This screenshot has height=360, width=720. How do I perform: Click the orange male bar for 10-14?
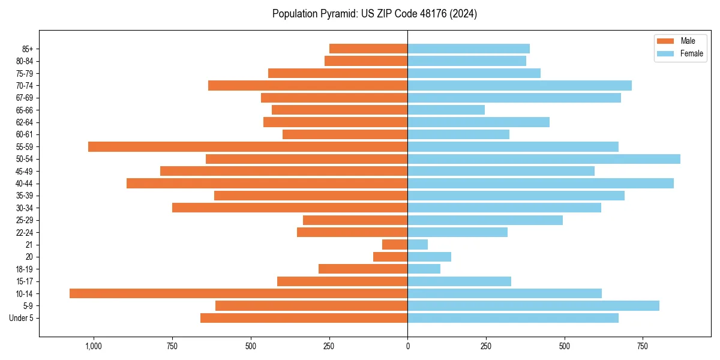238,293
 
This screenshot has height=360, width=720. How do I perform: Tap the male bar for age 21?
395,245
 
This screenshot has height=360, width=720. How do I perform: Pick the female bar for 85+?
469,49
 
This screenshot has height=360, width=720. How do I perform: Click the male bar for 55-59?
248,146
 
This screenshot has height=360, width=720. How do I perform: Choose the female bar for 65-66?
446,110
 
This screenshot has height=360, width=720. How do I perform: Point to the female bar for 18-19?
424,269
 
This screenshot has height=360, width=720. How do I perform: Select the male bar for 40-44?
267,183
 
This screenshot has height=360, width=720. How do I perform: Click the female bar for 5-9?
533,306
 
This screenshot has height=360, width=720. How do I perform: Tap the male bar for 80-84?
366,61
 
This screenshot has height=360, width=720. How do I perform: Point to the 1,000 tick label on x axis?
94,346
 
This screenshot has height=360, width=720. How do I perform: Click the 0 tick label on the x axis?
407,346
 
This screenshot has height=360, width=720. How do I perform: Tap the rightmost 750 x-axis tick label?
643,346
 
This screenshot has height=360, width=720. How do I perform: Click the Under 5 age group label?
21,318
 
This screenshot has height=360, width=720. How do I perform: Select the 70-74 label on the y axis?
25,85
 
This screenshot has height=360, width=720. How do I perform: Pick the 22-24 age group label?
25,232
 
